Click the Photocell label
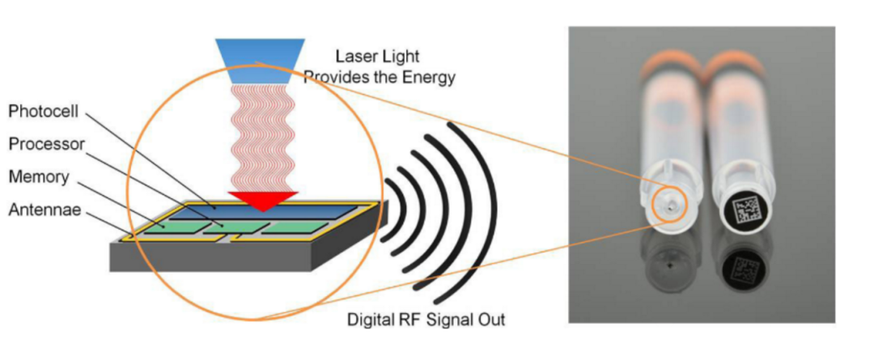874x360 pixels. coord(40,109)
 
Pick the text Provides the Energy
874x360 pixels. coord(380,78)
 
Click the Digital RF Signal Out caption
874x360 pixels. coord(426,319)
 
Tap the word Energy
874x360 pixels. coord(433,78)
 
